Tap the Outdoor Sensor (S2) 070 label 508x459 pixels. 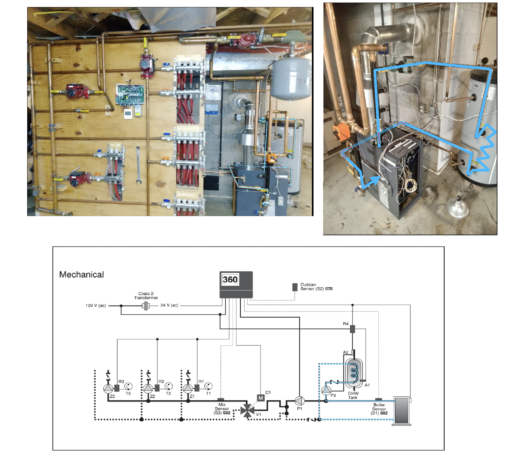316,287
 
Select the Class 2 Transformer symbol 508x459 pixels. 146,306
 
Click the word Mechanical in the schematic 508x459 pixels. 82,275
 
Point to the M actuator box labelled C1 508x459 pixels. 261,398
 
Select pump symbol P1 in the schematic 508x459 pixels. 299,401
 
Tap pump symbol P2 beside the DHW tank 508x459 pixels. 326,390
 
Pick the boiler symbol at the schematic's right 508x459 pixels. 402,411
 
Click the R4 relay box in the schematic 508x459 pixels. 353,329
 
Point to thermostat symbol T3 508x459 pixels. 128,386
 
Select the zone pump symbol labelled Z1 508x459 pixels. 188,388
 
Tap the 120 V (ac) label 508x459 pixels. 96,306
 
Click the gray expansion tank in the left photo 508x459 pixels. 291,79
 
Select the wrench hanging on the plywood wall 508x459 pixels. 138,165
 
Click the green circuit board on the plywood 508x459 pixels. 130,95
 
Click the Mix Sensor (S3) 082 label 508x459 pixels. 222,409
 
